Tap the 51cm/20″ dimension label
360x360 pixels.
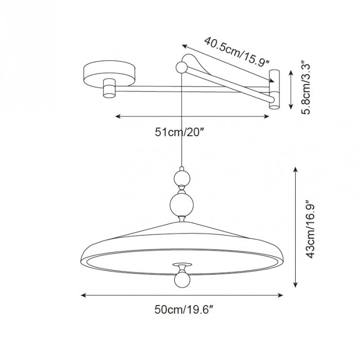click(x=179, y=132)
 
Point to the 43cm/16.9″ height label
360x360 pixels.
click(x=309, y=228)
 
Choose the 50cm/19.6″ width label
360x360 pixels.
click(x=183, y=310)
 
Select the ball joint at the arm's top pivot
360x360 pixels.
click(x=182, y=67)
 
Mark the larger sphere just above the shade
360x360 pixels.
click(x=181, y=204)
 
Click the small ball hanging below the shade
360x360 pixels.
click(x=181, y=278)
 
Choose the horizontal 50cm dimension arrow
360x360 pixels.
click(x=183, y=295)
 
